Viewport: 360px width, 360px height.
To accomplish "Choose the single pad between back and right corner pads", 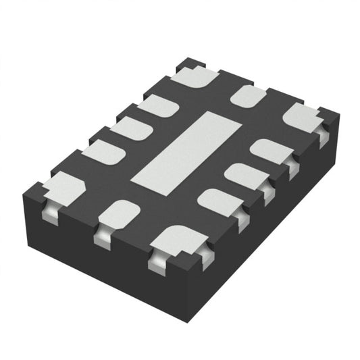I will click(x=249, y=95).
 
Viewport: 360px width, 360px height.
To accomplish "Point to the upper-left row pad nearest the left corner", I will click(x=104, y=152).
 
